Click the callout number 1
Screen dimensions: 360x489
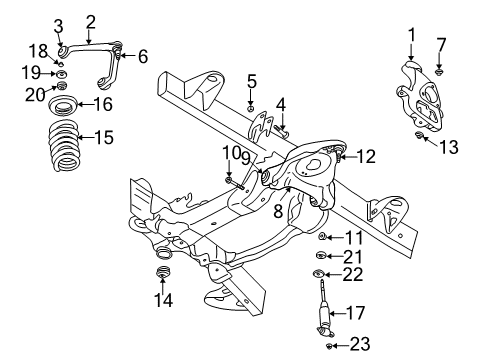[x=409, y=37]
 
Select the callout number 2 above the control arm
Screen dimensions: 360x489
[x=91, y=20]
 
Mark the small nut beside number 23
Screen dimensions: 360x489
[x=330, y=344]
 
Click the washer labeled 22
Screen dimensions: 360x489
[x=319, y=274]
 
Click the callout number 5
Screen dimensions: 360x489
[x=252, y=81]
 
